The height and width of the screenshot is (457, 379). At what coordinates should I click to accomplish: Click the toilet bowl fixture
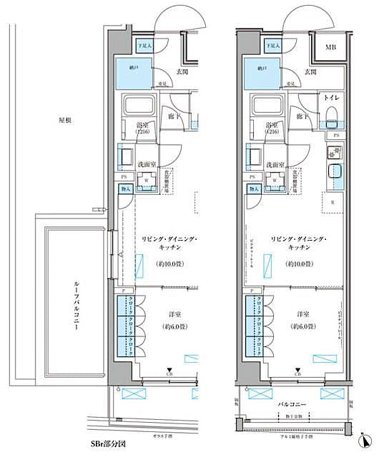(331, 116)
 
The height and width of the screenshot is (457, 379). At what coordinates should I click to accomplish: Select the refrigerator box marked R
(333, 201)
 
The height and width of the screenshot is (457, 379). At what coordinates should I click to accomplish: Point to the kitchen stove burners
(333, 152)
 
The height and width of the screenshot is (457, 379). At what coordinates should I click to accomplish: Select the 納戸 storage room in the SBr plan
(134, 71)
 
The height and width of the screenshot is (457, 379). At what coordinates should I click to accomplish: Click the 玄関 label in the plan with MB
(310, 71)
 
